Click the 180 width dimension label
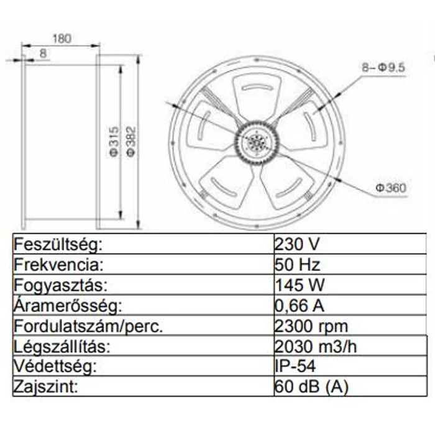click(61, 38)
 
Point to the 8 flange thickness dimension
click(42, 53)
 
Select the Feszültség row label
click(57, 244)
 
